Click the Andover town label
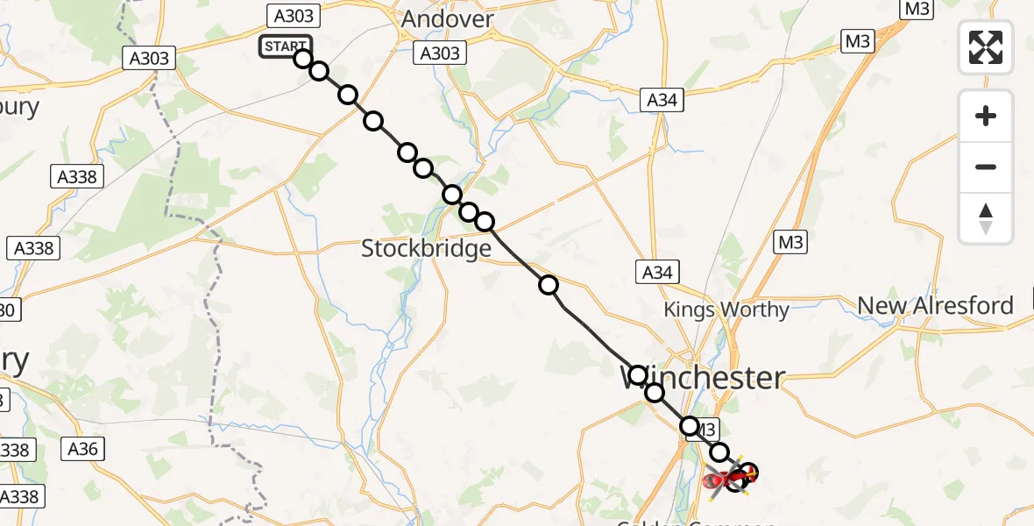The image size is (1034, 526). [x=447, y=19]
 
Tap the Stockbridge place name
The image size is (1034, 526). [x=427, y=249]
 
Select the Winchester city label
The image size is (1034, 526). [x=703, y=378]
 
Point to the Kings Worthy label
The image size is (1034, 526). [x=726, y=309]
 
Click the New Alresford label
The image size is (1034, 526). [x=935, y=305]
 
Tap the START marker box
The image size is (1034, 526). [x=284, y=46]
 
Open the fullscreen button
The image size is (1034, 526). [x=986, y=46]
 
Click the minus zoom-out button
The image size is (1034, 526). [x=986, y=167]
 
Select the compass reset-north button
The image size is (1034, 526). [x=986, y=218]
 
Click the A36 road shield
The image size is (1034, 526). [x=86, y=450]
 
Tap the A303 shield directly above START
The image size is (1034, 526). [x=293, y=15]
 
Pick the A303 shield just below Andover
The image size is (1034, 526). [x=440, y=53]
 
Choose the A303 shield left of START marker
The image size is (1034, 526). [x=150, y=59]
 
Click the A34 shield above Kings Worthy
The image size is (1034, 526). [x=657, y=273]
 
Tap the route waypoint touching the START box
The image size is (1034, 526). [x=303, y=59]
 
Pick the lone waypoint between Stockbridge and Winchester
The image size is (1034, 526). [x=549, y=284]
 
